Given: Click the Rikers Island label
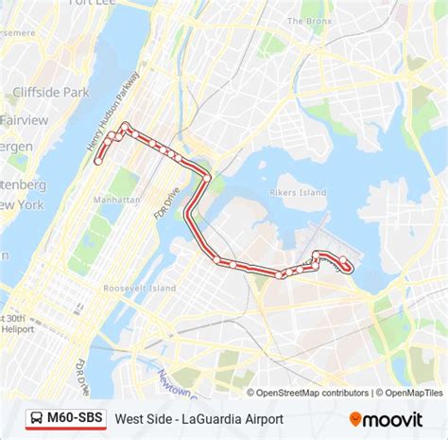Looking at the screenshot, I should point(298,192).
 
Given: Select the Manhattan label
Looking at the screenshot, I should point(119,201).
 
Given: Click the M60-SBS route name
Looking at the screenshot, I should point(76,417).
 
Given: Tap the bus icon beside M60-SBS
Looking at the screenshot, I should point(35,417).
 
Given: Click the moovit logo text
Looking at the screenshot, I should point(394,418).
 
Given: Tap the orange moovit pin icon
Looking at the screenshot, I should point(355,417).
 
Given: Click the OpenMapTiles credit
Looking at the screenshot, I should point(411,393).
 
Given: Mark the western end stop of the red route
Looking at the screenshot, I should point(97,162).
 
